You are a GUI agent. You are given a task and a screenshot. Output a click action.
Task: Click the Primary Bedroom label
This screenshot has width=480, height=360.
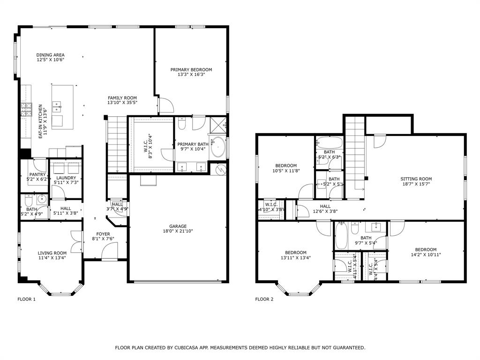tap(191, 70)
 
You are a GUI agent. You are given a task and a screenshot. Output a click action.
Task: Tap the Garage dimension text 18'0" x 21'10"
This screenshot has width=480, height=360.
tap(178, 231)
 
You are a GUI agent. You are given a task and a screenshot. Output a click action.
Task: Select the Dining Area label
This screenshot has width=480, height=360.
tap(51, 55)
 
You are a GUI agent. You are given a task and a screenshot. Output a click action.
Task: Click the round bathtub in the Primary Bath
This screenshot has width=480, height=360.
tap(218, 146)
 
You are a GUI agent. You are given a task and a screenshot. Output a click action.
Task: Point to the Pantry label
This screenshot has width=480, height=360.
tap(37, 174)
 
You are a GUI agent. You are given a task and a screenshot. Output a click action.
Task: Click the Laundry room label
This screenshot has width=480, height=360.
tap(66, 178)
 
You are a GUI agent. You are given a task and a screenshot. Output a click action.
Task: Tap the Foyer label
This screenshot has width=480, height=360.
tap(103, 234)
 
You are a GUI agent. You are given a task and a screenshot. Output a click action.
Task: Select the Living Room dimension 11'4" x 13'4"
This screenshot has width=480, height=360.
tap(52, 257)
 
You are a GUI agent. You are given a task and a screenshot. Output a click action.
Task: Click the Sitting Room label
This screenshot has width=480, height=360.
tap(416, 179)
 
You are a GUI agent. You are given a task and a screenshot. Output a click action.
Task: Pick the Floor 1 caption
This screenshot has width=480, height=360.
tap(27, 299)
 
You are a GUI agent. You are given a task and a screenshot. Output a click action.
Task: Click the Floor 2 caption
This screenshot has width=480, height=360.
tap(264, 299)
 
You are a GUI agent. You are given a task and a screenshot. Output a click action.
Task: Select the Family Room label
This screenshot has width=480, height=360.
tap(122, 98)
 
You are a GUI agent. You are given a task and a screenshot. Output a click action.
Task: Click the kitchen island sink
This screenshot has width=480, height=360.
tap(57, 105)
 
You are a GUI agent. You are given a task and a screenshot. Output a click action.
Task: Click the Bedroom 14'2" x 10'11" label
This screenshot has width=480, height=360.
tap(425, 249)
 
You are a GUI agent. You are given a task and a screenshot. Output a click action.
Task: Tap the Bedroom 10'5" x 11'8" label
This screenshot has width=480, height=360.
tap(285, 165)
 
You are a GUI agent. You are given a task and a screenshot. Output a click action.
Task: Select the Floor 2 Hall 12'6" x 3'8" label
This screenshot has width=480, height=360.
tap(325, 206)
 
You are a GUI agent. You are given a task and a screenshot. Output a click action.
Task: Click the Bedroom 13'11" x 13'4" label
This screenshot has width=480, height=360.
tap(296, 252)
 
